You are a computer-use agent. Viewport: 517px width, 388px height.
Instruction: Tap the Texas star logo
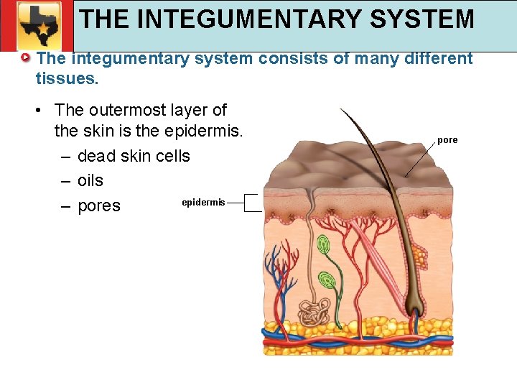40,24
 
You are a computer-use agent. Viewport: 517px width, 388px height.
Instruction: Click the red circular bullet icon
26,57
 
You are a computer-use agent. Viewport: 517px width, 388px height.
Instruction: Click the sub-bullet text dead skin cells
134,156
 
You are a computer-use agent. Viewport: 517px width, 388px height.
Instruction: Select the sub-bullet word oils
90,180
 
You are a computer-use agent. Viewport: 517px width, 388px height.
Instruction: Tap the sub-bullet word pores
98,205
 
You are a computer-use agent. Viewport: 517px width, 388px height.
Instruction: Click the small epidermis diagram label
203,203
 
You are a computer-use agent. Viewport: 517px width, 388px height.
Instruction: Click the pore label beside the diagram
447,140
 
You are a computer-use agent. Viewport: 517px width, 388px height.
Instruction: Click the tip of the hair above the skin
342,110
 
